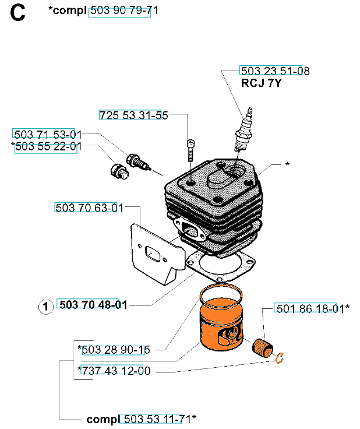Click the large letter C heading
(x=18, y=13)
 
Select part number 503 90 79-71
(x=119, y=11)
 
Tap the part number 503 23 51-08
(x=271, y=71)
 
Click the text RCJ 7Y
(x=262, y=83)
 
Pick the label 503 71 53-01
(x=44, y=134)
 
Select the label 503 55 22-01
(x=46, y=147)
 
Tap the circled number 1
(x=45, y=305)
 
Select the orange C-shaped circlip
(x=279, y=358)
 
